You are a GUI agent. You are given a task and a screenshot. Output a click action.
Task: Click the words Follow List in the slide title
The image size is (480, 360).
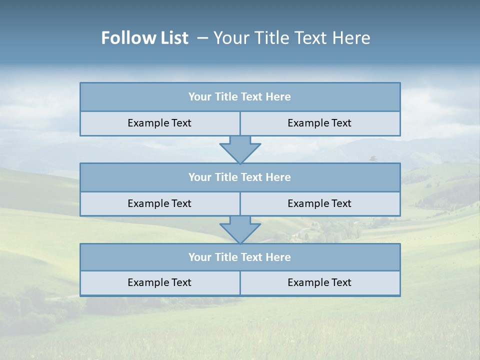click(144, 38)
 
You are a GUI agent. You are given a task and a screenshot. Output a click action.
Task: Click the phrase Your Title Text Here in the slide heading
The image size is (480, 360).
click(292, 38)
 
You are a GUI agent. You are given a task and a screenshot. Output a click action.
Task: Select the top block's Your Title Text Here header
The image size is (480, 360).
click(239, 97)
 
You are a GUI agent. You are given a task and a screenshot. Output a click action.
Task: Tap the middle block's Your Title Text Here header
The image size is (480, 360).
click(239, 177)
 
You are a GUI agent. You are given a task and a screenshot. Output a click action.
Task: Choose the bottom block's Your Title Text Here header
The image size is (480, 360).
click(239, 257)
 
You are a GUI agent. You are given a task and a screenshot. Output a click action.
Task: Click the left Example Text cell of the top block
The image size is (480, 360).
click(159, 123)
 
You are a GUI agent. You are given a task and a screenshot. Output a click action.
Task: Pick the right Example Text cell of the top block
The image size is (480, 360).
click(319, 123)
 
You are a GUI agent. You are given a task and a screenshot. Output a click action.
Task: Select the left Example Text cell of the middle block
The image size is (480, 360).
click(159, 203)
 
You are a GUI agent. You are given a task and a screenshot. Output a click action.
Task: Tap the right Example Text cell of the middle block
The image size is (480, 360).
click(319, 203)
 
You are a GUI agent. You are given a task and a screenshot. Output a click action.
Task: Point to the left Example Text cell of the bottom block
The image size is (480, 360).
click(159, 282)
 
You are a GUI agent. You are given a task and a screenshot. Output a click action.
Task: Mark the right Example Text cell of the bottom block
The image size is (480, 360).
click(319, 282)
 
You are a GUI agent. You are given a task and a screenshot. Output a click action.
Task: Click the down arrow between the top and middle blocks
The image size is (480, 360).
click(240, 149)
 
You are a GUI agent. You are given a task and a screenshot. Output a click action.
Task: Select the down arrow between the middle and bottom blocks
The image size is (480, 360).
click(240, 229)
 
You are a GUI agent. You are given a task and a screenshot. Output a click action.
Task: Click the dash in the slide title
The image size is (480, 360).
click(202, 38)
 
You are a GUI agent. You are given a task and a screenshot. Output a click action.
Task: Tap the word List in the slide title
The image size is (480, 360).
click(173, 38)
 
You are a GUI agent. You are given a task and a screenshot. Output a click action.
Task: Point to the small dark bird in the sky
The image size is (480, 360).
click(373, 158)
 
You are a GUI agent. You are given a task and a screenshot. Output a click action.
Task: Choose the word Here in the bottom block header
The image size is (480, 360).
click(278, 257)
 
